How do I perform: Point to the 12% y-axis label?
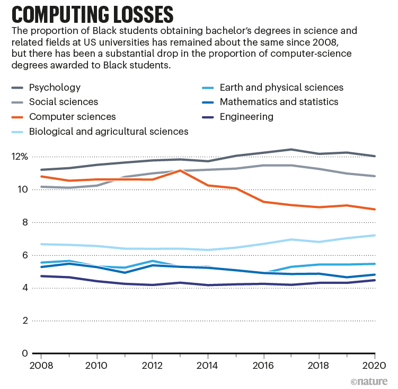(19, 157)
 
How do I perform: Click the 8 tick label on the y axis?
(23, 222)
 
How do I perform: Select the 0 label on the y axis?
(23, 353)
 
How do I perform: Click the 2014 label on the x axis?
(208, 366)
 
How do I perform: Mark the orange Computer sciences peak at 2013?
(181, 170)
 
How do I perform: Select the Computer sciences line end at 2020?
(375, 209)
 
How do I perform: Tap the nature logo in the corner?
(370, 381)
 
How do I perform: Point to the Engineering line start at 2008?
(41, 276)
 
